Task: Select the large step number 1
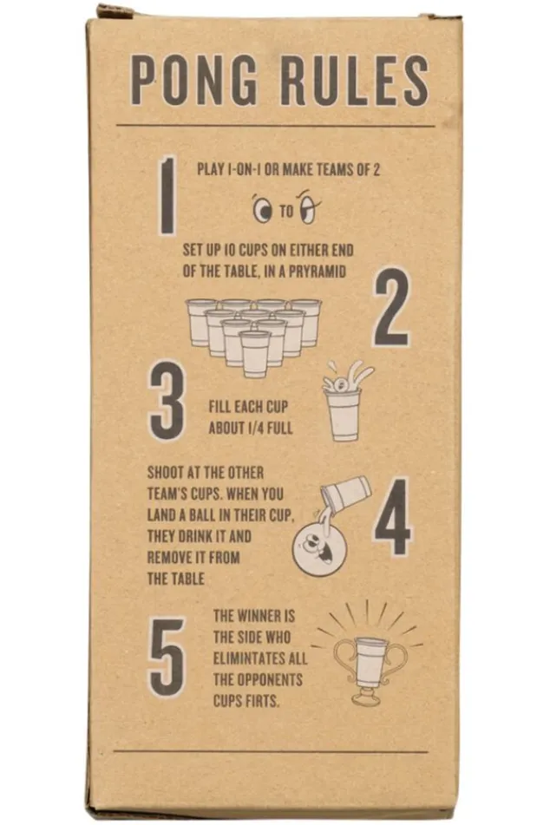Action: point(167,195)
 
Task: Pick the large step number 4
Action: point(392,515)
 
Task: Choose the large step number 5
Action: point(167,656)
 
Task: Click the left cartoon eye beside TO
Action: point(261,210)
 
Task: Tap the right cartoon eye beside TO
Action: point(308,209)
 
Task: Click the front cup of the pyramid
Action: point(255,353)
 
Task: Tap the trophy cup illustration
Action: point(370,664)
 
